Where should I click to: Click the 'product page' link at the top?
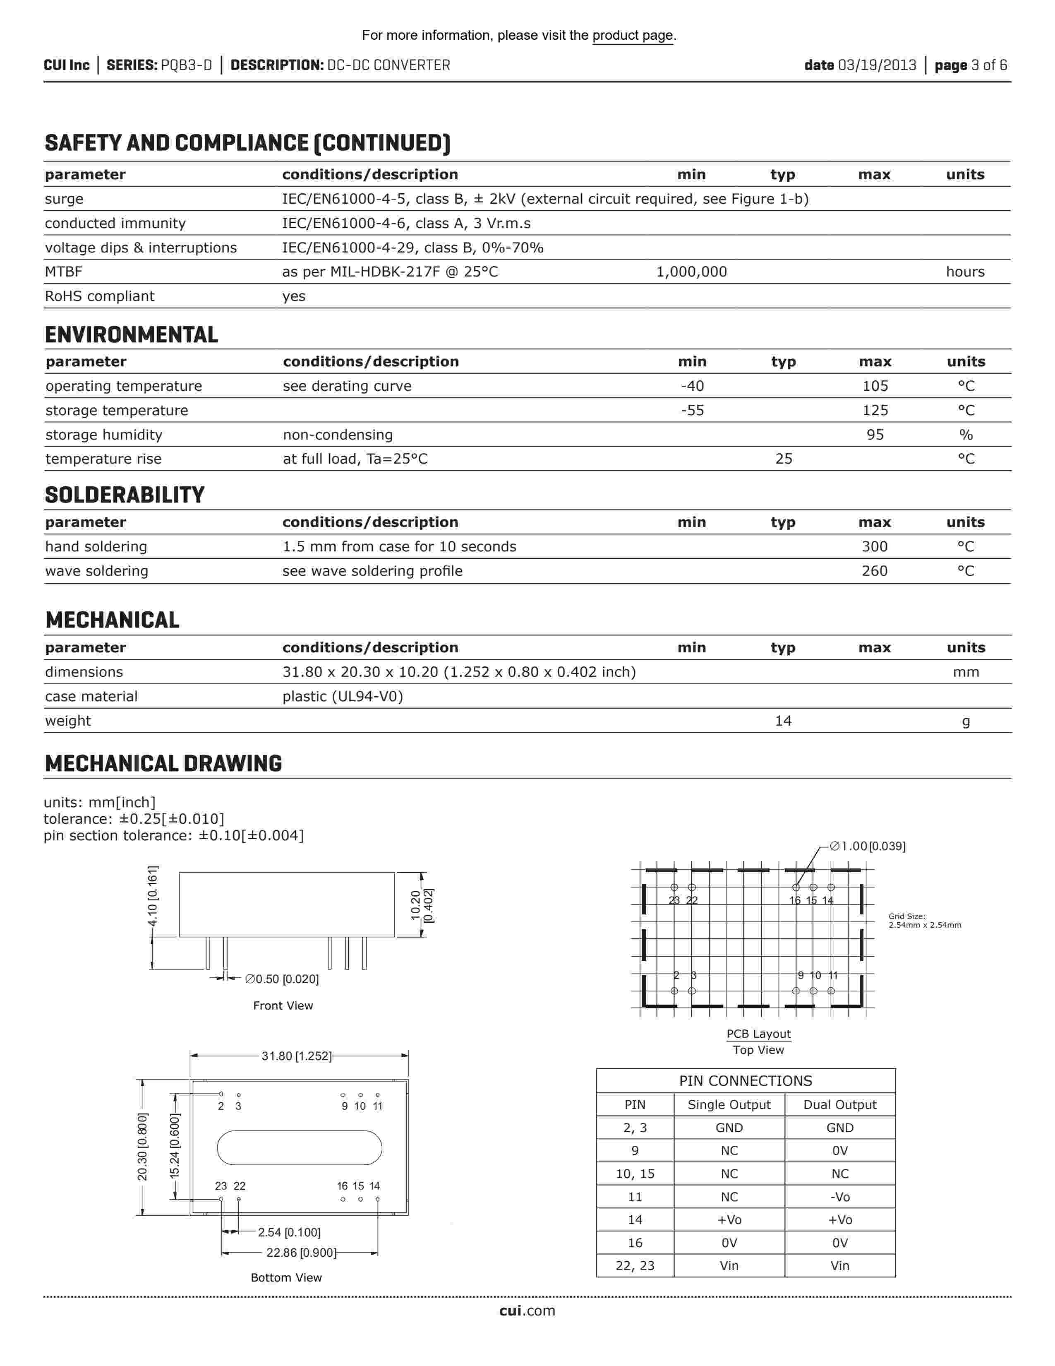[x=633, y=36]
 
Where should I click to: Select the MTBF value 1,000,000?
[x=691, y=272]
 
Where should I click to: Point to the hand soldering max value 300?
[x=874, y=547]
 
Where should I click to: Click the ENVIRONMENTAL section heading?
[x=131, y=335]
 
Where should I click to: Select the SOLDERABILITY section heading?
[x=125, y=495]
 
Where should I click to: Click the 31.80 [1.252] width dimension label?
[x=296, y=1056]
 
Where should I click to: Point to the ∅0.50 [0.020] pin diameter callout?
[x=282, y=979]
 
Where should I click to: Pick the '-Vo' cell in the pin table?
[x=839, y=1197]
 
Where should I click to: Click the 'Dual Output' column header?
[x=839, y=1104]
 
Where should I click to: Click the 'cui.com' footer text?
[x=527, y=1311]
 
